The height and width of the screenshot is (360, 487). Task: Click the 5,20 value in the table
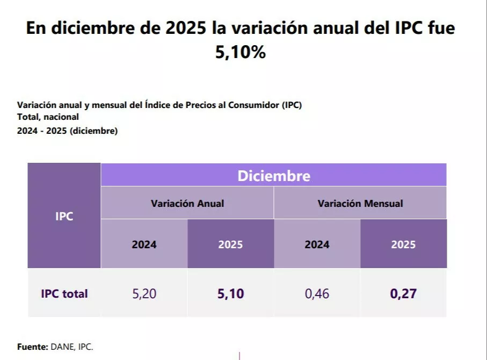[144, 294]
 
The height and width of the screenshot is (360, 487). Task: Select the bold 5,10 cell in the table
[230, 294]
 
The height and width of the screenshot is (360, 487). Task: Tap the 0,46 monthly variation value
[317, 294]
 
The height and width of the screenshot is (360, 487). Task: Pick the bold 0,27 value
[403, 294]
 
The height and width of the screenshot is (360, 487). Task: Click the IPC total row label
[64, 294]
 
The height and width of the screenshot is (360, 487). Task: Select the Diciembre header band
[274, 176]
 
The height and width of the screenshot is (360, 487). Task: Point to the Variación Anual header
[187, 204]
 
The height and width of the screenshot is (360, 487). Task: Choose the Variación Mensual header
[360, 204]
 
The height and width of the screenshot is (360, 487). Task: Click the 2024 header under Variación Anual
[144, 244]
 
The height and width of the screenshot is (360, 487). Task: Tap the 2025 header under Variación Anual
[230, 244]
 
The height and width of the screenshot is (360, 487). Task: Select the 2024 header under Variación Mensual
[317, 244]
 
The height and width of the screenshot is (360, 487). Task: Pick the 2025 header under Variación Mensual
[403, 244]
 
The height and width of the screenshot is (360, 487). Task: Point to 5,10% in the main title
[241, 53]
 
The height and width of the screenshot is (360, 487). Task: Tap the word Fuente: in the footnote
[32, 347]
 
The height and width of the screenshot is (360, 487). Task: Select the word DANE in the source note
[62, 347]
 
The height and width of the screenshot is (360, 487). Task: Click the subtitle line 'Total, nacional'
[48, 117]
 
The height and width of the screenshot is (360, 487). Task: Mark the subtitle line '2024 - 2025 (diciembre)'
[67, 131]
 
